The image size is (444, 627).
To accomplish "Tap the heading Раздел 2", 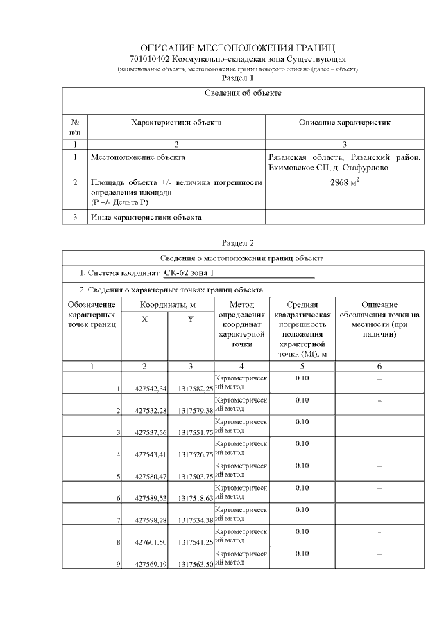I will (237, 243).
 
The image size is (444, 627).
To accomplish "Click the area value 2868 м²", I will (345, 184).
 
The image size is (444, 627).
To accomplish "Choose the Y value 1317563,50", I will (195, 565).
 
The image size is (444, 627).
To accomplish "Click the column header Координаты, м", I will (168, 305).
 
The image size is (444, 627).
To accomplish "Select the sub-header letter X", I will (144, 319).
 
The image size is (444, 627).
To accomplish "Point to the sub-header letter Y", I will (191, 319).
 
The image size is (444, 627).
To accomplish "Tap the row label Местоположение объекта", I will (138, 157).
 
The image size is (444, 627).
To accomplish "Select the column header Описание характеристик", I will (345, 123).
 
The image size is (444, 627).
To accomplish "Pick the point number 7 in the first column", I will (119, 520).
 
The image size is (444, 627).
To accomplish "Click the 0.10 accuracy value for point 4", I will (302, 443).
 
